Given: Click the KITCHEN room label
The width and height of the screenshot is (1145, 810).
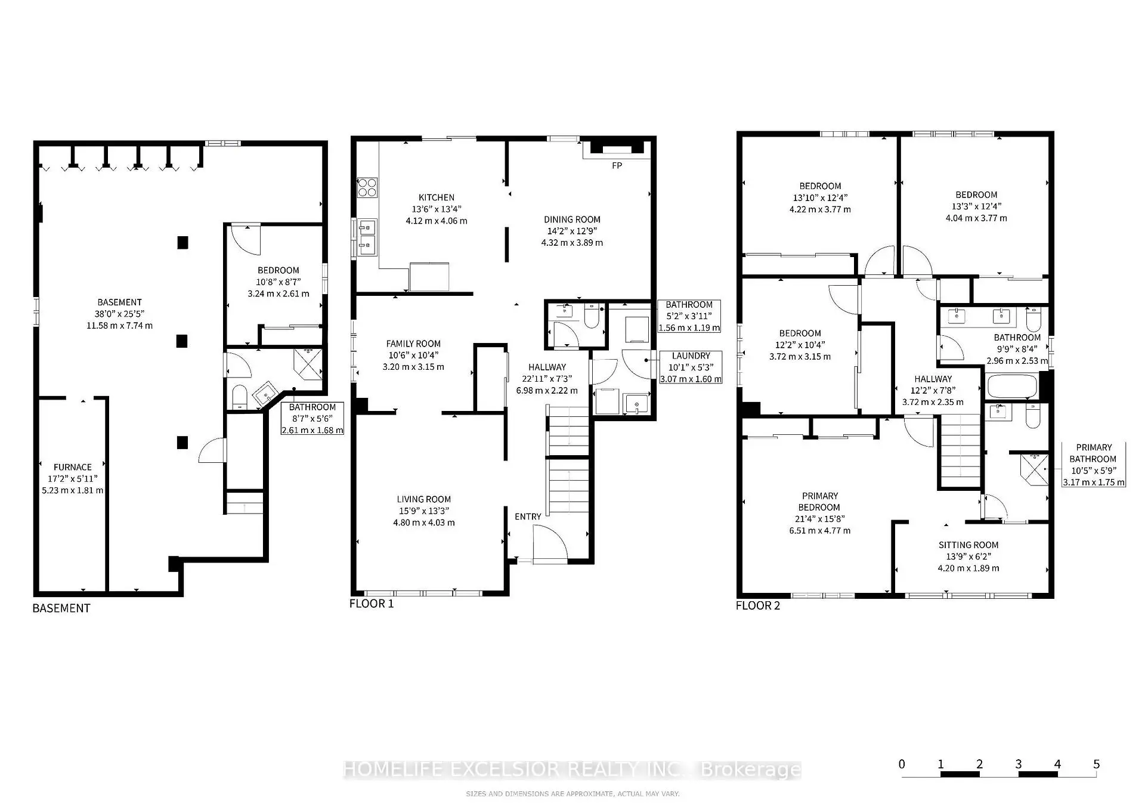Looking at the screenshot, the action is tap(437, 197).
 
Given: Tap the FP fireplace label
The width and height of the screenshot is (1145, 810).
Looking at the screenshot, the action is tap(617, 166).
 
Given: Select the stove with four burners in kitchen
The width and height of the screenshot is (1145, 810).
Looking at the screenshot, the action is tap(367, 188).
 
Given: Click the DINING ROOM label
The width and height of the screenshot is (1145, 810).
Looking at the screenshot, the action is tap(572, 219).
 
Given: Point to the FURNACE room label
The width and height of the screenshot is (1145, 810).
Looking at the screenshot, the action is tap(73, 467).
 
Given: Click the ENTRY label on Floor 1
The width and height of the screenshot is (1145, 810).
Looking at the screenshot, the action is tap(528, 517).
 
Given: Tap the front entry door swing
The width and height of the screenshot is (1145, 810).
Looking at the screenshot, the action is tap(550, 543).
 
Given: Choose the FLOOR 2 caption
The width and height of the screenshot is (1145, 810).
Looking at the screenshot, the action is tap(758, 606).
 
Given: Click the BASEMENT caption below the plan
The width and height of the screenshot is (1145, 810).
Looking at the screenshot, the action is tap(61, 608).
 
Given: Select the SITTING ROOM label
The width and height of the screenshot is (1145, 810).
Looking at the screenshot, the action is tap(968, 545).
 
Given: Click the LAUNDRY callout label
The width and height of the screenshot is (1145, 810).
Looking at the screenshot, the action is tap(691, 355).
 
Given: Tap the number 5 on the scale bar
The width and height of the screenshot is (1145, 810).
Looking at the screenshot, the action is tap(1096, 764).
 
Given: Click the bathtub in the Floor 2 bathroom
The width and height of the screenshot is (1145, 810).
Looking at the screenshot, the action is tap(1013, 386).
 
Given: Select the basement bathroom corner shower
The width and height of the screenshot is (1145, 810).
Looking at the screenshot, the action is tap(308, 364).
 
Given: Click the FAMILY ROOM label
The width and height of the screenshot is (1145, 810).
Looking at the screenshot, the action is tap(413, 344).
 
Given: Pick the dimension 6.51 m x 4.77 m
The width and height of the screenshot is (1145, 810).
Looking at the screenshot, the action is tap(820, 530).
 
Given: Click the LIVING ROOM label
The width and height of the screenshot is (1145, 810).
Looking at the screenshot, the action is tap(424, 499).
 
